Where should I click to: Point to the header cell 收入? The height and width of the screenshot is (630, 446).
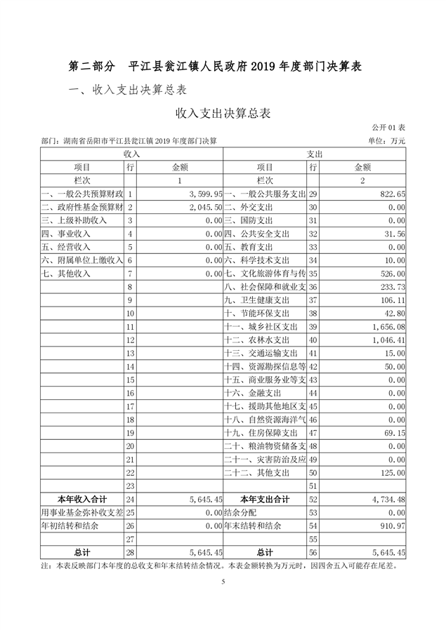click(132, 153)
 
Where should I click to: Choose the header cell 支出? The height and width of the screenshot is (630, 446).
click(314, 153)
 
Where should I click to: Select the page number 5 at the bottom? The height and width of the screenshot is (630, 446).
click(223, 582)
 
